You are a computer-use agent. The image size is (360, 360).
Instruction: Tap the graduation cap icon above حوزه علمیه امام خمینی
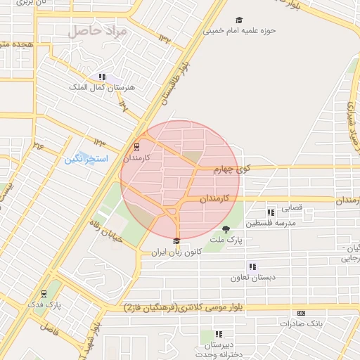[240, 20]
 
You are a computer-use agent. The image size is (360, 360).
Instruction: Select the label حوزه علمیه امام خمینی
[239, 31]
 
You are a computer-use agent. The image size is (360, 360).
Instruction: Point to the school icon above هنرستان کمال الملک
[102, 77]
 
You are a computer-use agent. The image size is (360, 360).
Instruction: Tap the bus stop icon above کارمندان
[136, 147]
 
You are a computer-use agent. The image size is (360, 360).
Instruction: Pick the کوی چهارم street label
[232, 169]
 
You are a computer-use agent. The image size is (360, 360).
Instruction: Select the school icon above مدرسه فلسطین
[271, 212]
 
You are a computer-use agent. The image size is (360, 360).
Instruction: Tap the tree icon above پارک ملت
[226, 229]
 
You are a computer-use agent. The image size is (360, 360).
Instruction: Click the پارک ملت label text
[229, 240]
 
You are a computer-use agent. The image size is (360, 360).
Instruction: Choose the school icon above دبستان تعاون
[252, 266]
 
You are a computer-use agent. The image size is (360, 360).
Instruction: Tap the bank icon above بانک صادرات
[302, 313]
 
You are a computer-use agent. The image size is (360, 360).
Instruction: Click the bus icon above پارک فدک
[44, 294]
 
